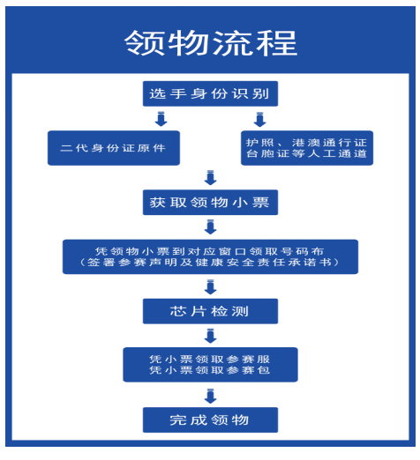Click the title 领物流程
(x=210, y=41)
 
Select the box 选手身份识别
(x=210, y=93)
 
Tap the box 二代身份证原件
(x=114, y=147)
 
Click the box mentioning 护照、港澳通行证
(x=307, y=147)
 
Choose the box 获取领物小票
(x=210, y=202)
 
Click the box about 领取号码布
(x=210, y=256)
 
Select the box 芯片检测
(x=210, y=311)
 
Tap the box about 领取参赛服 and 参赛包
(x=210, y=365)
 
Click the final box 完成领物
(x=210, y=419)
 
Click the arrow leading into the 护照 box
(x=260, y=119)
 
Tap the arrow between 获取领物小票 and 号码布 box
(x=210, y=227)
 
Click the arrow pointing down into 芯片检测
(x=210, y=286)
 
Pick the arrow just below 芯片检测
(x=210, y=336)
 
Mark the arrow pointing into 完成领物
(x=210, y=394)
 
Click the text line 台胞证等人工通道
(x=307, y=155)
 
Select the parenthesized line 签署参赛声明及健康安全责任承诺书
(x=210, y=263)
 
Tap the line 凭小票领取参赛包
(x=210, y=372)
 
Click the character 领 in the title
(x=144, y=41)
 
